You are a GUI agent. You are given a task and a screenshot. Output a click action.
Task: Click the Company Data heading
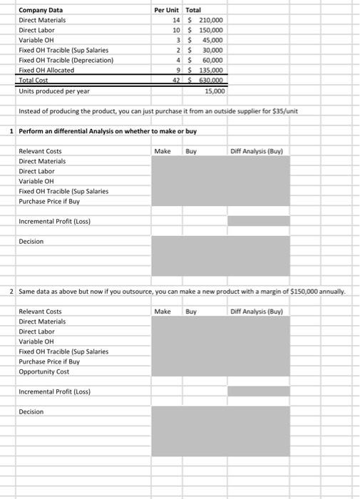point(40,10)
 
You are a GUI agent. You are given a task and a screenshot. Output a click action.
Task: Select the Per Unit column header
point(167,10)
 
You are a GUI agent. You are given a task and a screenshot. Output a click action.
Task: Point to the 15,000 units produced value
point(214,91)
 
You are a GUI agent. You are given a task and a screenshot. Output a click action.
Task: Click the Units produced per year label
point(54,91)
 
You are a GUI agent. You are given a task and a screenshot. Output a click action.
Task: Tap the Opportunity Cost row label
point(43,371)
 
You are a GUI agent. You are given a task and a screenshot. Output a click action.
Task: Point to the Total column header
point(193,10)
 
